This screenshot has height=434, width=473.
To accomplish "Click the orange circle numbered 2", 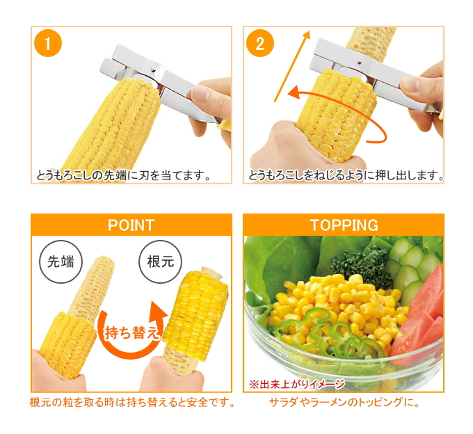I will click(259, 44).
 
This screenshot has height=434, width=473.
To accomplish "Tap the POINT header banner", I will click(131, 225).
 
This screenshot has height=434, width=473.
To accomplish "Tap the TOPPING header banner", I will click(343, 225).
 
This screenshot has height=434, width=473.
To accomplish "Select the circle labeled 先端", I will click(61, 262).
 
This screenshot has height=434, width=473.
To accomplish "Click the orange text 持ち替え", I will click(131, 332).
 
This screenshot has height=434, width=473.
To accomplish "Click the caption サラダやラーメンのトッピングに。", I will click(344, 403).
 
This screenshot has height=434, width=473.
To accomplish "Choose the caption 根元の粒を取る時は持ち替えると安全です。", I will click(131, 403).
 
